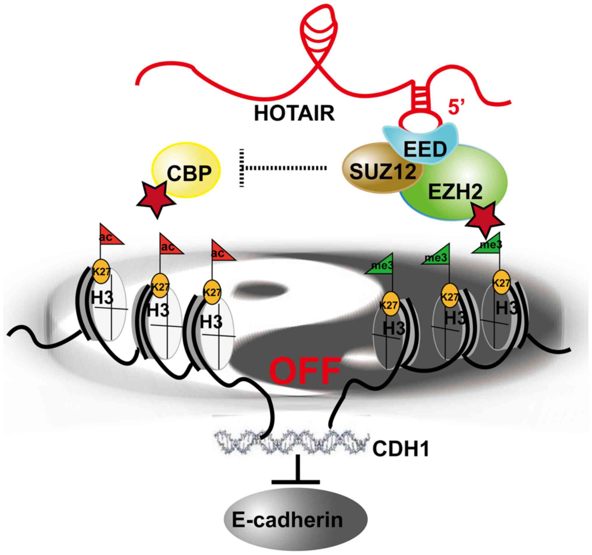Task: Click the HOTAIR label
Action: (x=294, y=114)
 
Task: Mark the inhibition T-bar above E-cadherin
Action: (x=295, y=474)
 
